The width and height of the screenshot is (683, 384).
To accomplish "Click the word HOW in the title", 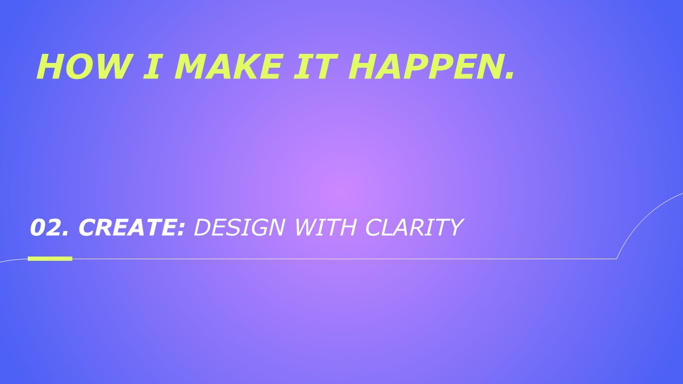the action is coord(83,67).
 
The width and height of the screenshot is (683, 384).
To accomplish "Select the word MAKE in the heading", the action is coord(227,67).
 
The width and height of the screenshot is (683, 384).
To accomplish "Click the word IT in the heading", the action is coord(315,67).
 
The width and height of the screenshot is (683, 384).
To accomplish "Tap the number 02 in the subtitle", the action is coord(45,227).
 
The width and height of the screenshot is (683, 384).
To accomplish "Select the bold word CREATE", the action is coord(128,227).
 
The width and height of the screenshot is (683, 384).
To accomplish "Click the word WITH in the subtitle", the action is coord(325,227).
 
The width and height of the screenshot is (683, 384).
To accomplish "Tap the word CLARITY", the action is coord(414,227).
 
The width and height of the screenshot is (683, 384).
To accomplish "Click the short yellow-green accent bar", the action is coord(50,259).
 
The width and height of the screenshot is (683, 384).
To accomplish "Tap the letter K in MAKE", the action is coord(244,67).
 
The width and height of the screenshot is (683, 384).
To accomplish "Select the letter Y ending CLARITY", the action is coord(454,227).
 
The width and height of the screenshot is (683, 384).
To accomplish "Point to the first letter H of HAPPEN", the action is coord(362,67).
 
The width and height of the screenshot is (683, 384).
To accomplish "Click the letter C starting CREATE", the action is coord(88,227).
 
